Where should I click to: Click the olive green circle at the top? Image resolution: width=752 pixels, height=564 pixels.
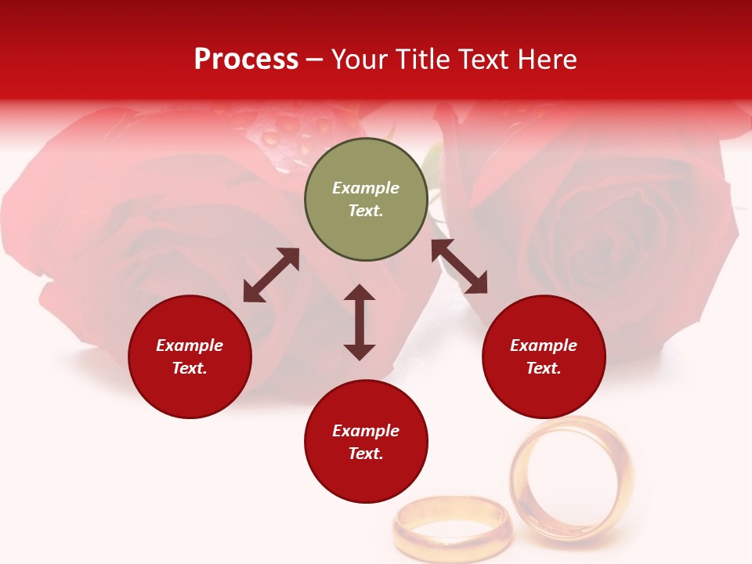coord(366,199)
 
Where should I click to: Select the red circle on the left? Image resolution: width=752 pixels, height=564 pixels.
coord(190,356)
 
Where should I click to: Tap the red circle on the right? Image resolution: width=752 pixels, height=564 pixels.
coord(544,356)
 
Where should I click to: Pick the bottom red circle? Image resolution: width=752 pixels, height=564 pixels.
coord(366,442)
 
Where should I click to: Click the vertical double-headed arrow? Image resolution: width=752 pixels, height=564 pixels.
coord(360,322)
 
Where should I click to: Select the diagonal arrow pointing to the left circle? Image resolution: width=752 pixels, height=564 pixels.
coord(271,275)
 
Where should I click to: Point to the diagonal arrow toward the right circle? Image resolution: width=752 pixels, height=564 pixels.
coord(460,266)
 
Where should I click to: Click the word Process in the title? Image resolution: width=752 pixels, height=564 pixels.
coord(246,59)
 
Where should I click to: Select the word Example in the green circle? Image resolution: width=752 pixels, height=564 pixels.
coord(366,188)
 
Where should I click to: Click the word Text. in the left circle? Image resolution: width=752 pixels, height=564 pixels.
coord(190,368)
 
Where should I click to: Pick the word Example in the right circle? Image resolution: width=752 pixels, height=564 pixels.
coord(544,345)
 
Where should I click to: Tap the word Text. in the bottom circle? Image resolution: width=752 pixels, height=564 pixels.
coord(366,454)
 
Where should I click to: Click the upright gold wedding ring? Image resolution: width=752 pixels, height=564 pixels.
coord(572,478)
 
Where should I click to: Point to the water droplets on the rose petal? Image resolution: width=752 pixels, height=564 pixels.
coord(290,133)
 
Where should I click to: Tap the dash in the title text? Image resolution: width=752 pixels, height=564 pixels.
coord(315,60)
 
